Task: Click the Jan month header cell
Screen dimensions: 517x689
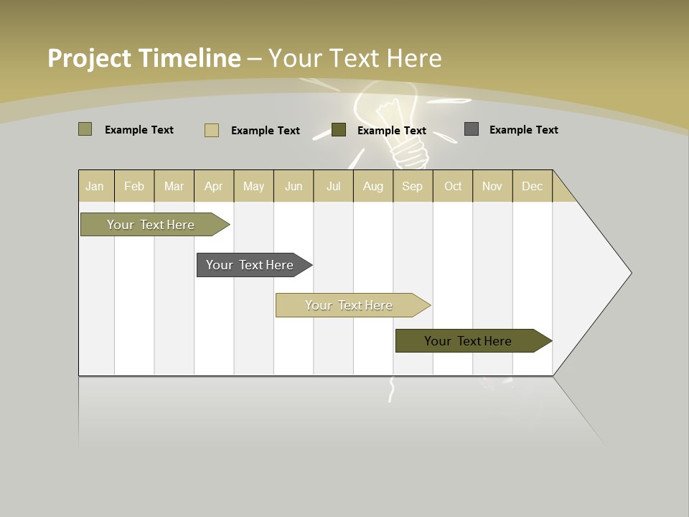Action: pos(95,186)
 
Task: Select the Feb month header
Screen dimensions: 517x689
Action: pos(134,186)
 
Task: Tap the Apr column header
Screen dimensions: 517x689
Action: pos(214,186)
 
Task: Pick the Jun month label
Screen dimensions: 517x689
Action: pos(294,186)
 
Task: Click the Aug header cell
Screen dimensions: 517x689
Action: pos(373,186)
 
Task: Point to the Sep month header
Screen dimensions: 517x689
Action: pos(413,186)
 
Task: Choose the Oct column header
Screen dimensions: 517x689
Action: pos(453,186)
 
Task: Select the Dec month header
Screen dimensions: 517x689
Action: pos(533,186)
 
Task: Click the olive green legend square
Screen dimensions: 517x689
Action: pos(85,129)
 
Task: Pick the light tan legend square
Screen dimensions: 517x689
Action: pos(211,130)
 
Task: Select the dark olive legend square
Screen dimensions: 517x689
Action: pos(339,129)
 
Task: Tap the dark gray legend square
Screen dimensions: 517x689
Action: pos(472,129)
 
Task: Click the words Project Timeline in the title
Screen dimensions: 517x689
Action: pos(144,58)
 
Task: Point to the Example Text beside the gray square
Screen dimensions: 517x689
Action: pos(523,130)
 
